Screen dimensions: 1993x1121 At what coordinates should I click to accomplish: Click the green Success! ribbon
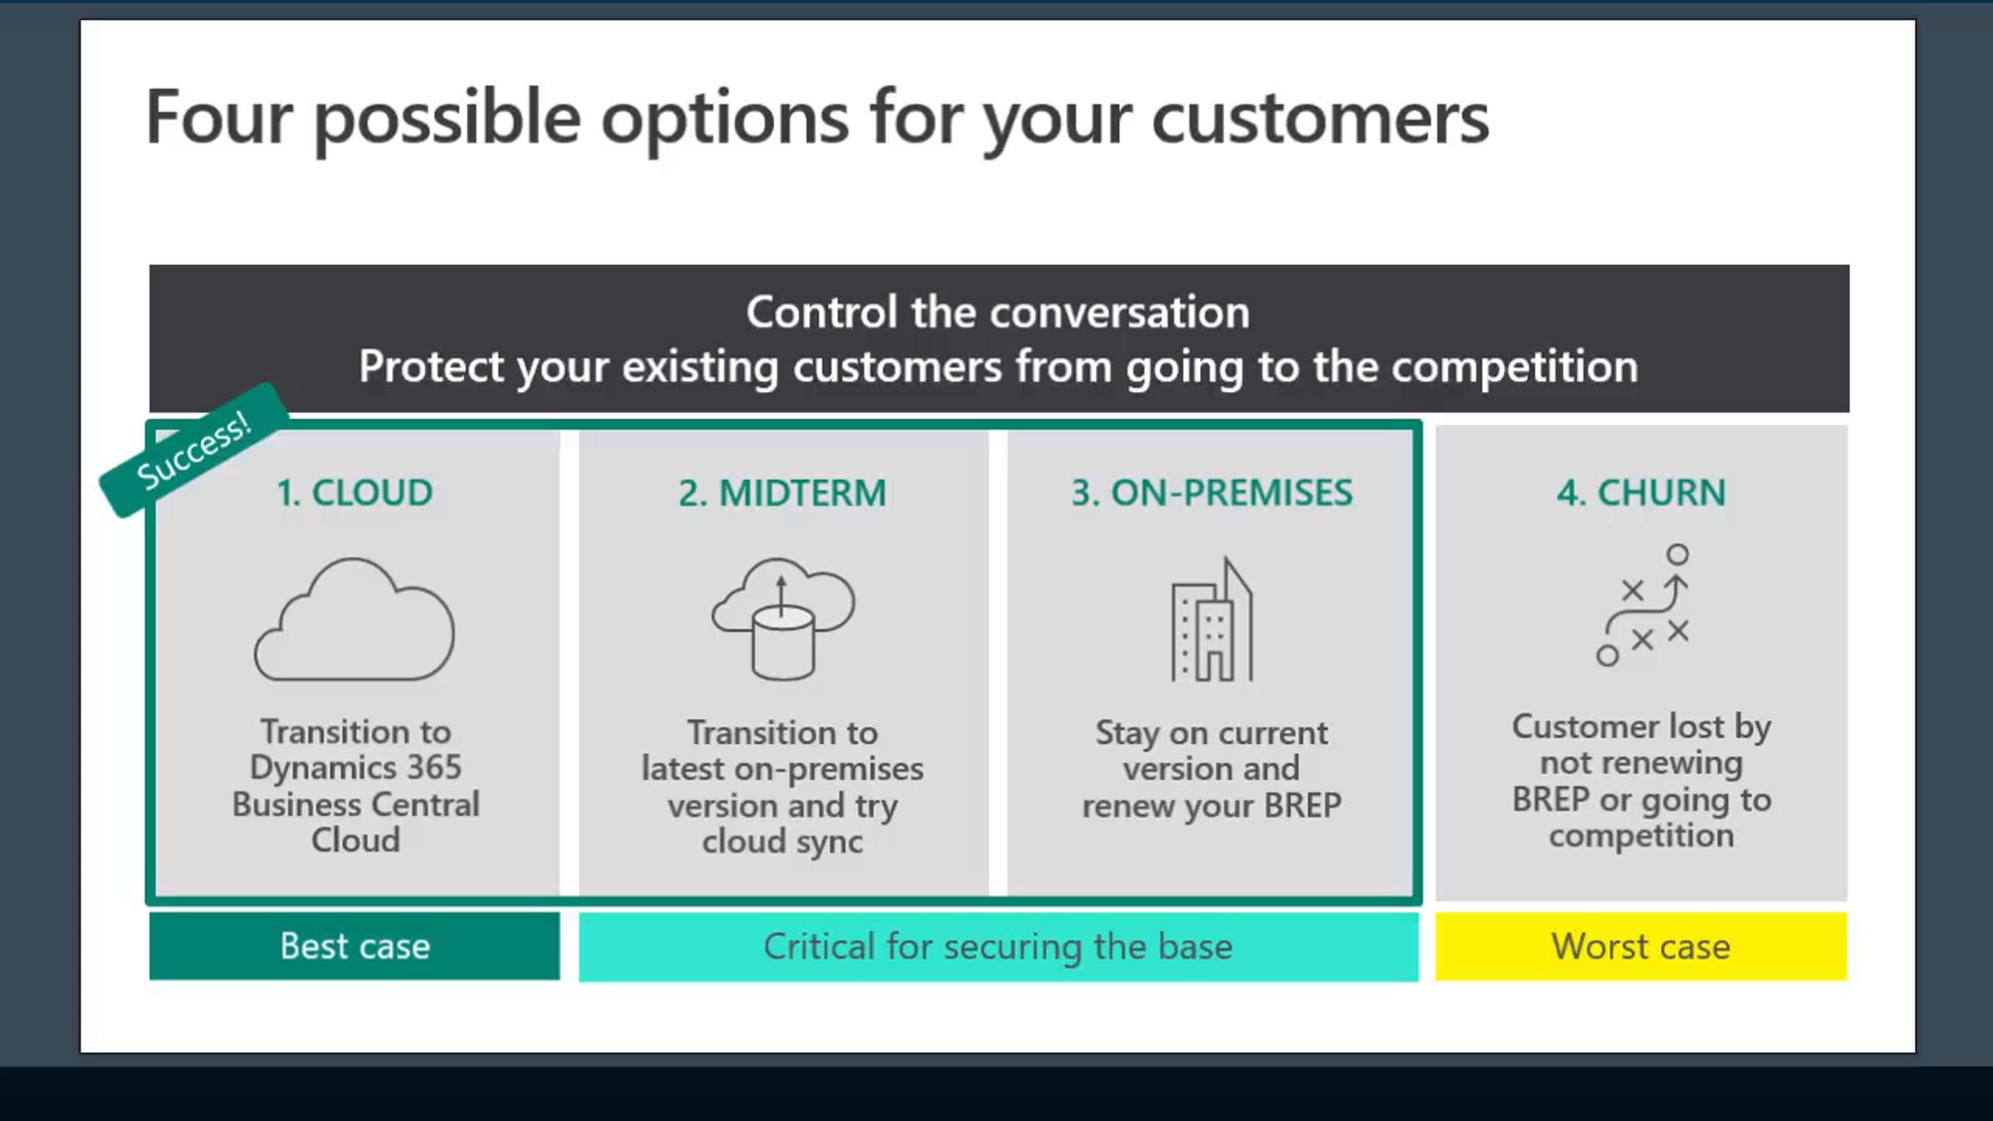tap(194, 450)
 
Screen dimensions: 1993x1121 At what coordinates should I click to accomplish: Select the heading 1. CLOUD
tap(355, 492)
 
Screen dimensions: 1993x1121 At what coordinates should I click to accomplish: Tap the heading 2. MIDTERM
tap(782, 492)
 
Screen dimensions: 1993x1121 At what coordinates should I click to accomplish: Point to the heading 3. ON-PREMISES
tap(1212, 492)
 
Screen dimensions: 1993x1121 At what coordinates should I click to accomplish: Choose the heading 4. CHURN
tap(1641, 492)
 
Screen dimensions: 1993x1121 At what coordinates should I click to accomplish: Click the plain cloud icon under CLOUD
tap(355, 619)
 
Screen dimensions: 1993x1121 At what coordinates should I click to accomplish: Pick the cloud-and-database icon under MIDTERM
tap(783, 619)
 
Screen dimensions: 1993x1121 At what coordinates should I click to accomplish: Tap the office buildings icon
tap(1212, 619)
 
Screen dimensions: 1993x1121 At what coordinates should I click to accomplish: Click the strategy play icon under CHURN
tap(1642, 605)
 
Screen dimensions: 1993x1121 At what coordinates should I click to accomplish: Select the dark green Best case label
tap(355, 946)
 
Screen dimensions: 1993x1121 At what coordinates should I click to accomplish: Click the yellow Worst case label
tap(1641, 946)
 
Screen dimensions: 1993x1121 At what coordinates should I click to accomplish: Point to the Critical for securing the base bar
tap(998, 947)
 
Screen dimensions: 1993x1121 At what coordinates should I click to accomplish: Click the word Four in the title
tap(219, 117)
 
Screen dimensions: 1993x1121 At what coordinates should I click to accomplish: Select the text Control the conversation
tap(997, 312)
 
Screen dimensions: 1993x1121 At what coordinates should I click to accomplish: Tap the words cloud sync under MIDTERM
tap(782, 842)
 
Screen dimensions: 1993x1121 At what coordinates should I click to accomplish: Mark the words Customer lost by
tap(1642, 727)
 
